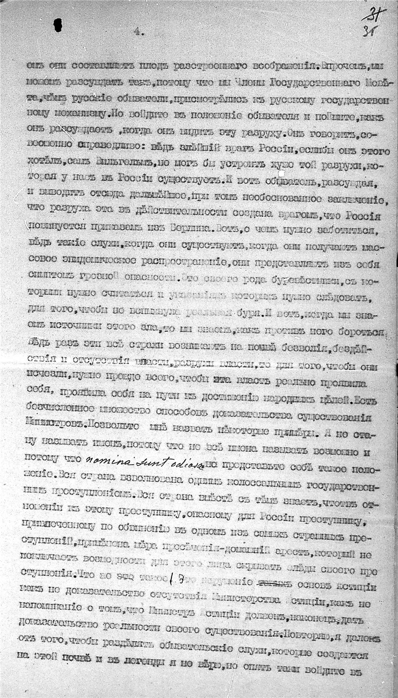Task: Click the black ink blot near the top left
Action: point(57,24)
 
